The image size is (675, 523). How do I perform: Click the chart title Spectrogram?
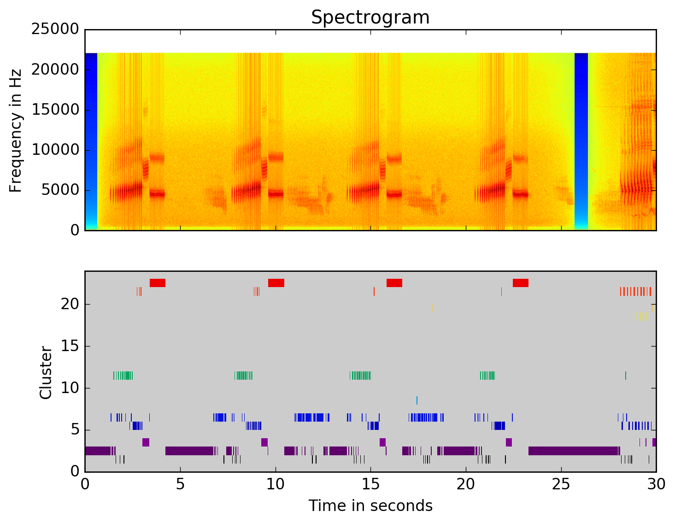[370, 18]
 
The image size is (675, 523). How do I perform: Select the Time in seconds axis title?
[370, 506]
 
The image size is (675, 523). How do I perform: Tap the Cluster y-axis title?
[46, 373]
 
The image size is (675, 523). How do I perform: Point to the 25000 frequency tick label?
[55, 29]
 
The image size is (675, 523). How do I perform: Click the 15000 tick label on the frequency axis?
[55, 110]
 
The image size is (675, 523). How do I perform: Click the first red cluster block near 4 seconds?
[158, 283]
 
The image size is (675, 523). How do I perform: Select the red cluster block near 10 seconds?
[276, 283]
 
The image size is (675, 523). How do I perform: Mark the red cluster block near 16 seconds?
[394, 283]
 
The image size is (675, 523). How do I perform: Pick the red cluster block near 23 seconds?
[521, 283]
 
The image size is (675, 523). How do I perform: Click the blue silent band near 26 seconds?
[581, 138]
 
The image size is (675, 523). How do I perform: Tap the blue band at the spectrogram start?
[91, 138]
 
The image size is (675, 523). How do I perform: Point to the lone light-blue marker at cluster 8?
[417, 400]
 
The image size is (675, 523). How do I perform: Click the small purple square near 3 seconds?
[146, 442]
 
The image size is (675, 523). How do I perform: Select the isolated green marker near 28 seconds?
[626, 375]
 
